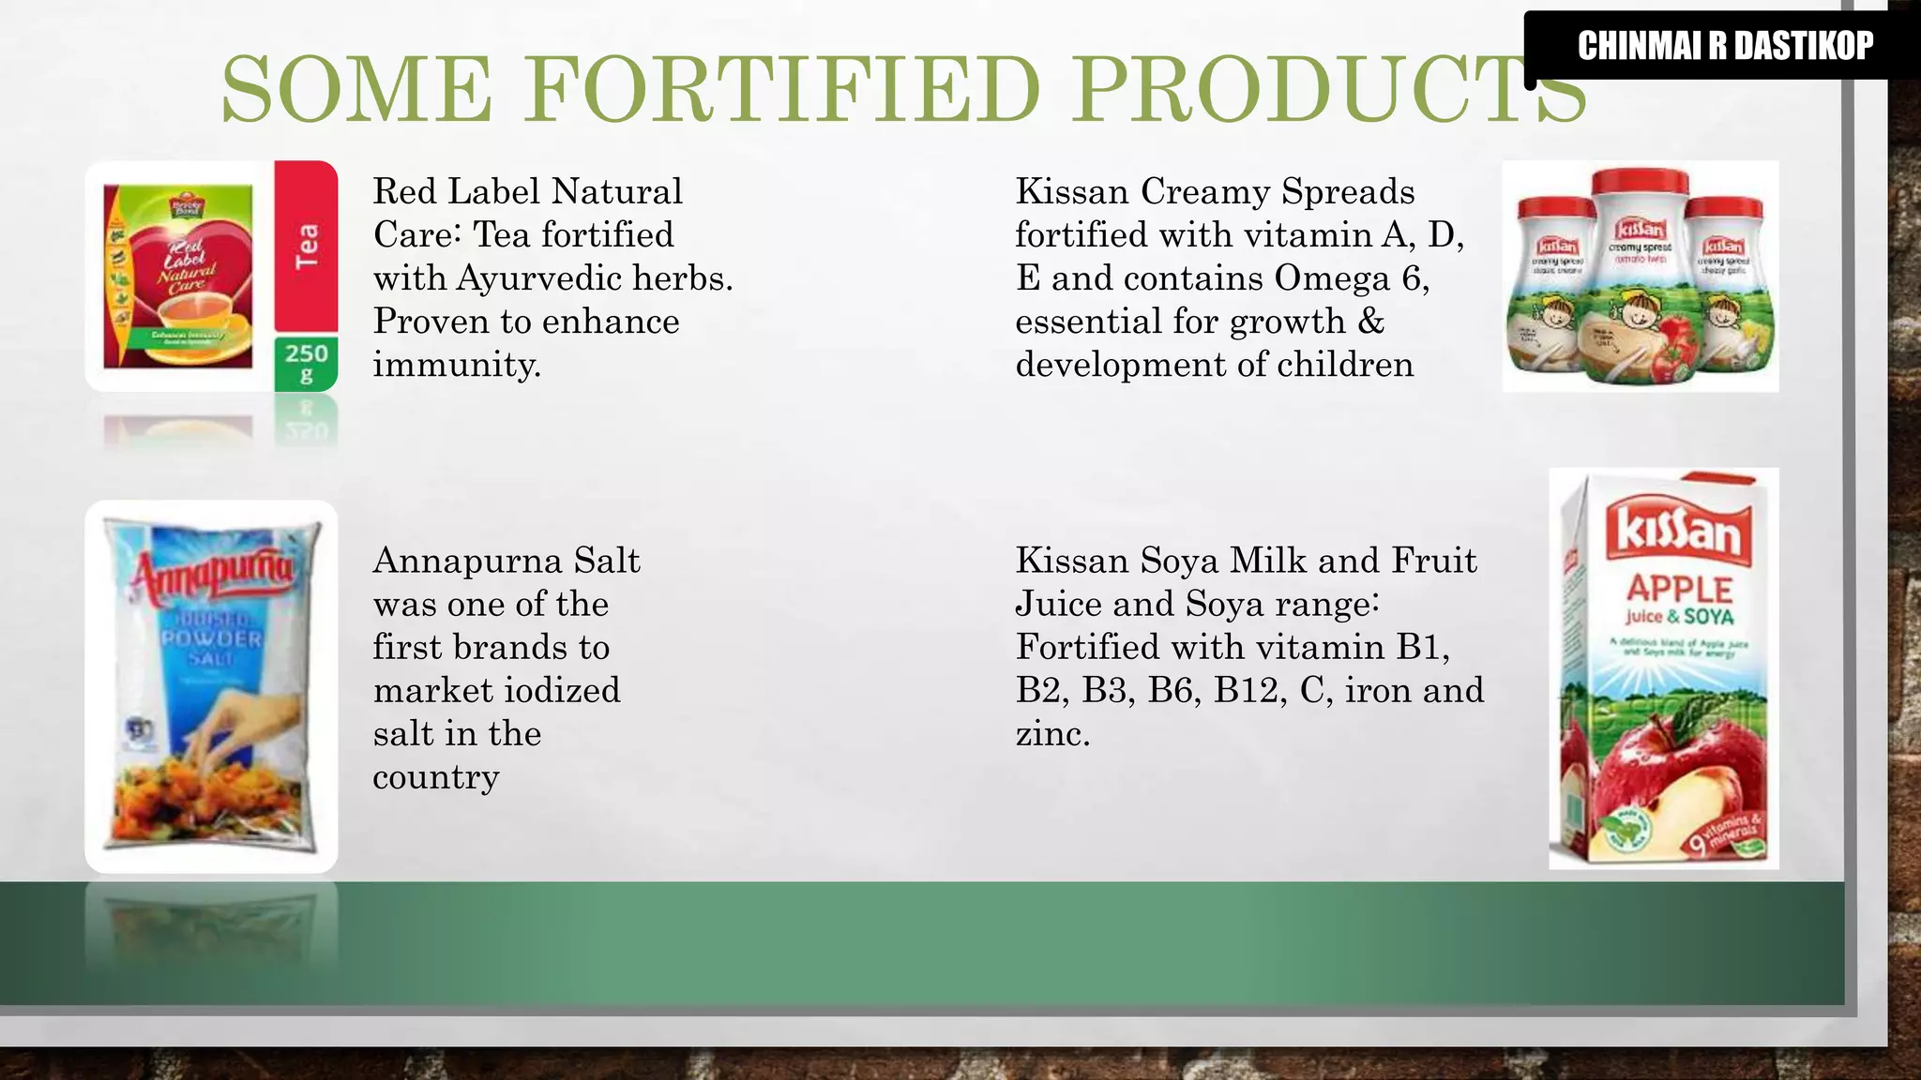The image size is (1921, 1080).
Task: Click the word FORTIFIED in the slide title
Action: coord(782,90)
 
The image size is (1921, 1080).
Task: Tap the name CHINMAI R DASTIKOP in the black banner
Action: coord(1724,45)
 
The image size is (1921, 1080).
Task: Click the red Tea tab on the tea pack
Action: coord(306,246)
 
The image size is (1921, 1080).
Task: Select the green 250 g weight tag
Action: coord(306,363)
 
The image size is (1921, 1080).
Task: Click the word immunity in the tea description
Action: coord(456,365)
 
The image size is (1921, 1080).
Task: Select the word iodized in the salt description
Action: coord(561,691)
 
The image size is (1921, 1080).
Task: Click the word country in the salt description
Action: coord(436,777)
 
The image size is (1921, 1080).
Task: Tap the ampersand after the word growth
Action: coord(1370,322)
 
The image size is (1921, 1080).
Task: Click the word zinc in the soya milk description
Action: coord(1051,734)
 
